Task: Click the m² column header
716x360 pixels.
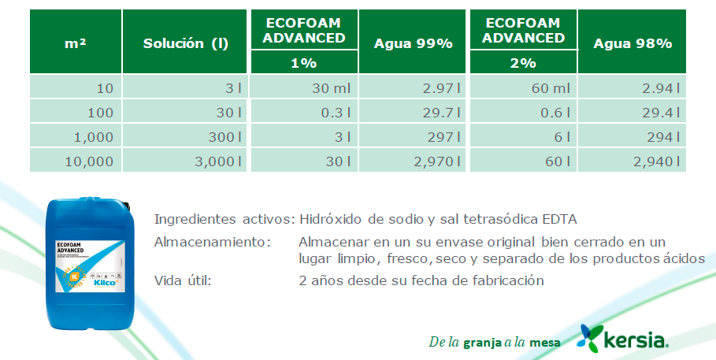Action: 76,43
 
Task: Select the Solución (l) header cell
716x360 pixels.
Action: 186,43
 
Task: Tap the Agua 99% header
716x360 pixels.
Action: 414,43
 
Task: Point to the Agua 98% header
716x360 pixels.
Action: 633,43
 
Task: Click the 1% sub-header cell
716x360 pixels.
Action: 303,61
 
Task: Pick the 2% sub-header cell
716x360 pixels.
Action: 523,61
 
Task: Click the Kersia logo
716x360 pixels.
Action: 625,339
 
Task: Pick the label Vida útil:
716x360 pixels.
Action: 183,280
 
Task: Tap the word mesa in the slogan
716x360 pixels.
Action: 545,343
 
